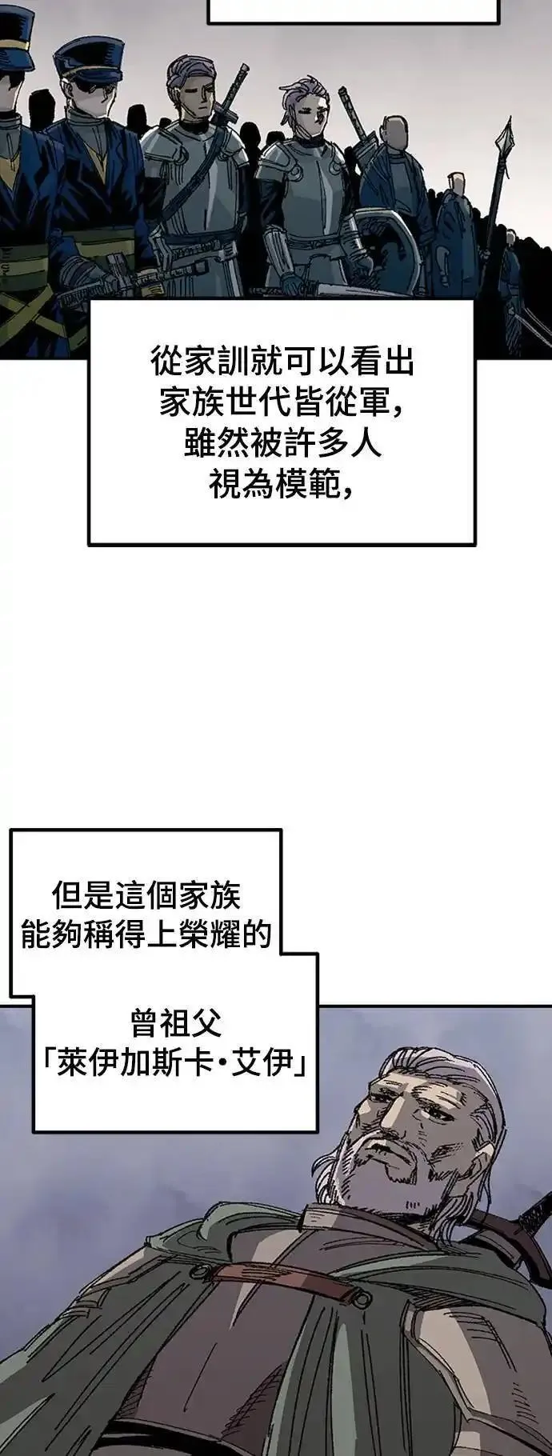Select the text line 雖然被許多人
[282, 445]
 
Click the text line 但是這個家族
[146, 895]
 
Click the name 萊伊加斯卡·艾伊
[175, 1065]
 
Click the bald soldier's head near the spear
[394, 131]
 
